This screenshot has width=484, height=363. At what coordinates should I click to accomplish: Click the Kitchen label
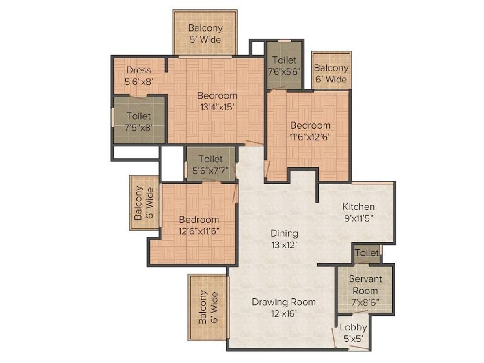point(358,206)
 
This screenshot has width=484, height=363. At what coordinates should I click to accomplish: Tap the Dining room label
point(284,234)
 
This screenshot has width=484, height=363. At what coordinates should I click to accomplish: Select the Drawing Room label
point(284,302)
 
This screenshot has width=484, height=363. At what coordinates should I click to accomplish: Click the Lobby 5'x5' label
point(353,332)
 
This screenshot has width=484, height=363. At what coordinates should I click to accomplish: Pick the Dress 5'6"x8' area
point(139,75)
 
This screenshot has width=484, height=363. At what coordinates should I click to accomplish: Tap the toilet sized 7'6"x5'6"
point(284,65)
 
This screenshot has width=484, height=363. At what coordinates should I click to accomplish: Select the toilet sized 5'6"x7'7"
point(210,164)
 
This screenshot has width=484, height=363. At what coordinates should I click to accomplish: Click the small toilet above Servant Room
point(367,252)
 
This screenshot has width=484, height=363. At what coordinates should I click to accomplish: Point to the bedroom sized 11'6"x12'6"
point(310,131)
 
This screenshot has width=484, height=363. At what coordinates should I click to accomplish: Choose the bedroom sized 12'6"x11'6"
point(198,224)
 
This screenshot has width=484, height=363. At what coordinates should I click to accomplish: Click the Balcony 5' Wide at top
point(205,33)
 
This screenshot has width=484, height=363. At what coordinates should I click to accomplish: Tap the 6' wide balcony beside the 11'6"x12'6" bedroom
point(331,73)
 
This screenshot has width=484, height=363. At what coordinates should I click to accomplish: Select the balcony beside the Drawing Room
point(208,309)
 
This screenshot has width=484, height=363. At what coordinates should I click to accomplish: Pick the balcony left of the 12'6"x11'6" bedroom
point(143,203)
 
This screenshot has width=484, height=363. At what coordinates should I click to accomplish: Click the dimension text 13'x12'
point(284,244)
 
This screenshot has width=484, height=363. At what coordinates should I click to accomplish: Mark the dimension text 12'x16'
point(284,313)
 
